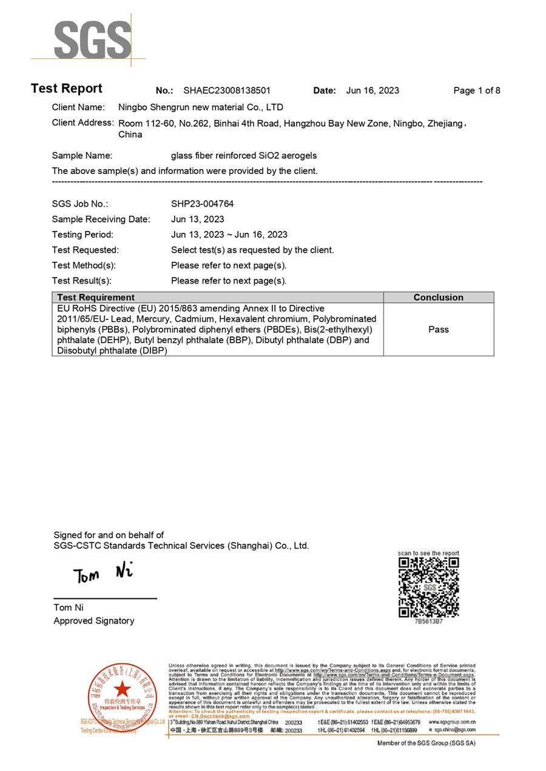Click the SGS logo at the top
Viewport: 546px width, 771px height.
click(x=91, y=39)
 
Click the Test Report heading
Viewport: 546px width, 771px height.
click(x=67, y=88)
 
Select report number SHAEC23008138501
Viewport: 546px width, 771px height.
click(x=227, y=91)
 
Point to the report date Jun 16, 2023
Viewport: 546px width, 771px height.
click(x=372, y=91)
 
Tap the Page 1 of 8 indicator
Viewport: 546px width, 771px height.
click(x=477, y=91)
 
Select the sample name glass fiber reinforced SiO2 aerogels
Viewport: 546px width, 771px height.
click(x=244, y=156)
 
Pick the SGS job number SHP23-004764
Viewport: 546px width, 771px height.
click(x=203, y=204)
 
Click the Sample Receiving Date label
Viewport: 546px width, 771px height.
click(x=101, y=219)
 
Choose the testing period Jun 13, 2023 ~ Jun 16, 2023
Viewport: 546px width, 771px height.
click(x=229, y=235)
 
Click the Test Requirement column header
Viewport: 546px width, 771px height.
click(x=96, y=298)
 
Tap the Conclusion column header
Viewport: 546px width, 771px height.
click(x=438, y=298)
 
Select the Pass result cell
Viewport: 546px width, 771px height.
click(x=438, y=329)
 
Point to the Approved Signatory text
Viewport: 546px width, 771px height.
click(x=94, y=621)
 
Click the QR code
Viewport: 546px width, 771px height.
click(x=428, y=587)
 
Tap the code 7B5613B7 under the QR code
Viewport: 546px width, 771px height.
click(x=428, y=621)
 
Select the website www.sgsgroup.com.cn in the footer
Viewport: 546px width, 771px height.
click(x=452, y=723)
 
